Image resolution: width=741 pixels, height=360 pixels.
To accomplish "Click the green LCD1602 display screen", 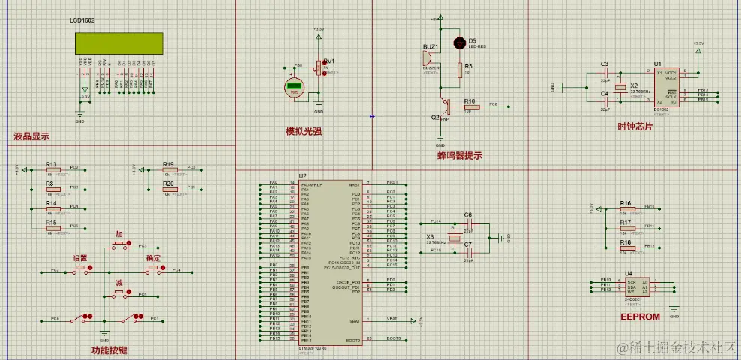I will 115,43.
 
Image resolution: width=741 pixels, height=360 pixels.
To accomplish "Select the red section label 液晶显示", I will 31,136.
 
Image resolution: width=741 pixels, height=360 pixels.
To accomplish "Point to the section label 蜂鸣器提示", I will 459,156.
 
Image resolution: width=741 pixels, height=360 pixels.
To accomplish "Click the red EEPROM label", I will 640,316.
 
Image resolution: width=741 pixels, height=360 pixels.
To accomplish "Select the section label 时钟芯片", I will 634,127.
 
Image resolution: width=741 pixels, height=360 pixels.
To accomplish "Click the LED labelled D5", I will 458,43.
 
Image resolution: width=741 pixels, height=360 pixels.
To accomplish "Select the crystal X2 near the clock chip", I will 620,87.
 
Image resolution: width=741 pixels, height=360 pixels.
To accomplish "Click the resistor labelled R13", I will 51,170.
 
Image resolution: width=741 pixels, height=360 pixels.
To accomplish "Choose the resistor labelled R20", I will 169,190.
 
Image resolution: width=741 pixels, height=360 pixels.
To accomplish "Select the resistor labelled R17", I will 625,229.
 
